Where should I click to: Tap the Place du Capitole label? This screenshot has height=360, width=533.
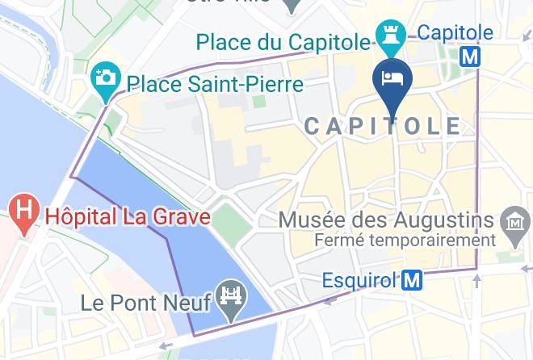284,40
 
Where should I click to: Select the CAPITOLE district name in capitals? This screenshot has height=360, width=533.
383,126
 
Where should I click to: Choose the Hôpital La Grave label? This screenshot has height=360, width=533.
128,216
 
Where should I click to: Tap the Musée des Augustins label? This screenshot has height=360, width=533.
385,220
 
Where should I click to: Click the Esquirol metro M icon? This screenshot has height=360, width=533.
413,280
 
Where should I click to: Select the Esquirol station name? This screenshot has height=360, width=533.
359,281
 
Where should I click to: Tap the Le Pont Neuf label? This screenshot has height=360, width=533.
146,303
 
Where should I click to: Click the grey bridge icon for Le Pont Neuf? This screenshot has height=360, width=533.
232,303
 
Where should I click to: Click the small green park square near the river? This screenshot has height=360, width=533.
232,220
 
